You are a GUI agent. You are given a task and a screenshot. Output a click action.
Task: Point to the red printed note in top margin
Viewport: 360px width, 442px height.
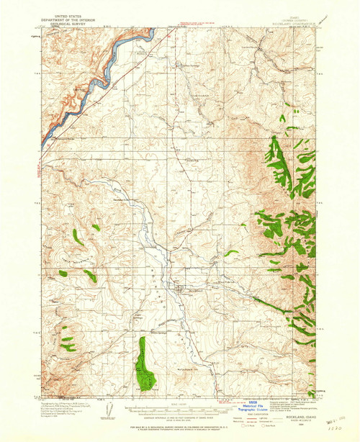198,26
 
